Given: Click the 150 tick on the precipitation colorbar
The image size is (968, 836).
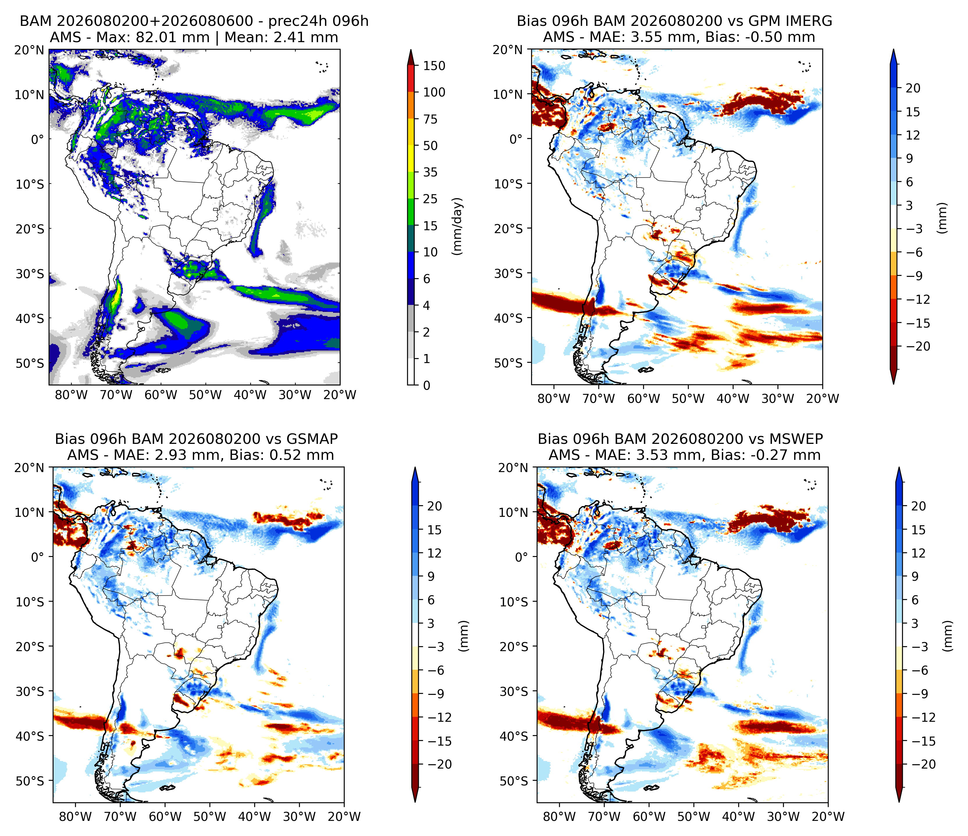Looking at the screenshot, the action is point(434,66).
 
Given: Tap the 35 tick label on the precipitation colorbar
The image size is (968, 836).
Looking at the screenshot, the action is point(430,172).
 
